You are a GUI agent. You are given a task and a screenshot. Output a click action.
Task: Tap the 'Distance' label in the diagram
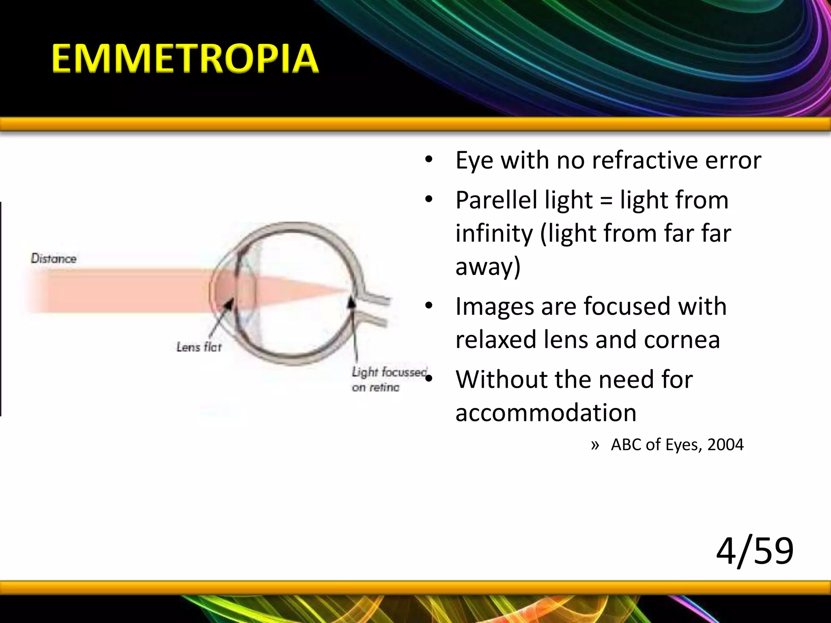(54, 258)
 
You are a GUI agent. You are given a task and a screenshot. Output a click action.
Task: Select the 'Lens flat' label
(199, 347)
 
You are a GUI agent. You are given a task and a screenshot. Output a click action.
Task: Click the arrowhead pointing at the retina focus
(353, 302)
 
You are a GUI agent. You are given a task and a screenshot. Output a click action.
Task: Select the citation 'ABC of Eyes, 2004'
(677, 445)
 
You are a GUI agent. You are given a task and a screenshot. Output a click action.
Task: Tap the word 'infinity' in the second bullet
(494, 234)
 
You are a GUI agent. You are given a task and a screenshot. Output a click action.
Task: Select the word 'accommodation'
(545, 413)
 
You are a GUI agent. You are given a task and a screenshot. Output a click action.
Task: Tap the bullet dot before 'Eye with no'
(429, 161)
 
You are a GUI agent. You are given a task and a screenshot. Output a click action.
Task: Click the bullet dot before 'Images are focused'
(429, 307)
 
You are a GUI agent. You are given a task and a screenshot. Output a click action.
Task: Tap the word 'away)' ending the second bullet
(488, 267)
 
